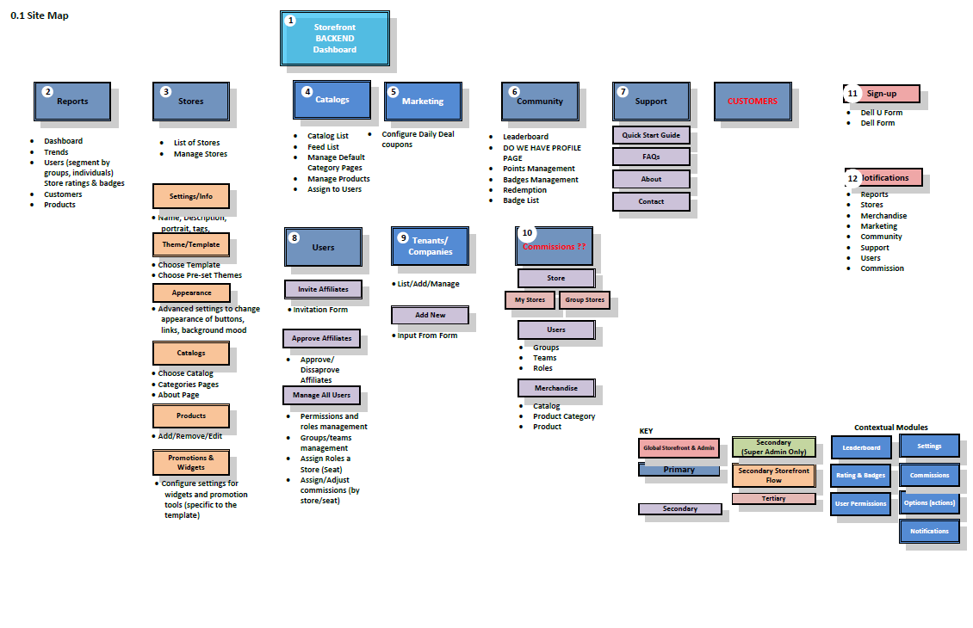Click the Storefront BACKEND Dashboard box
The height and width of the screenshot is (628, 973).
point(334,39)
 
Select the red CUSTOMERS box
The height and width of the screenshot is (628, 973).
point(752,101)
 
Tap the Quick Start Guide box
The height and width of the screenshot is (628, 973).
point(651,135)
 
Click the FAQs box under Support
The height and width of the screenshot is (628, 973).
point(651,157)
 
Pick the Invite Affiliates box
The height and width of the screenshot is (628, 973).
point(323,289)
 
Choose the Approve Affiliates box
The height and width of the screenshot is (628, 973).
point(321,338)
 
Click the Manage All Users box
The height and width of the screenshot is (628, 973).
point(321,395)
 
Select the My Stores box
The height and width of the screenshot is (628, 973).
point(530,300)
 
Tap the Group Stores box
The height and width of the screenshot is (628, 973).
point(585,300)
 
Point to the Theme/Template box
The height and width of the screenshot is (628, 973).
point(191,244)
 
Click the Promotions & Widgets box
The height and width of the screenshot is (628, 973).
point(191,463)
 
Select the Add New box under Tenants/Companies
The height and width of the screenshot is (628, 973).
point(430,315)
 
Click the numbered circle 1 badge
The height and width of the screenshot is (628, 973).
point(290,20)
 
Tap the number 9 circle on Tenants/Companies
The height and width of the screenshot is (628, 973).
point(402,237)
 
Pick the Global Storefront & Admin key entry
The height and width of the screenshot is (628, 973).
point(679,448)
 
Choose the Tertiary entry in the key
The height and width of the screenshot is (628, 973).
point(773,498)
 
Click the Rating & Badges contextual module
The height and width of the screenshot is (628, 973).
point(860,475)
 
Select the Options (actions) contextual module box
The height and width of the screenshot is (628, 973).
point(929,502)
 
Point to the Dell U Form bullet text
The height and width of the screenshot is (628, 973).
point(881,113)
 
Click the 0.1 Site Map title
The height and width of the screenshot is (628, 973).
point(39,15)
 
